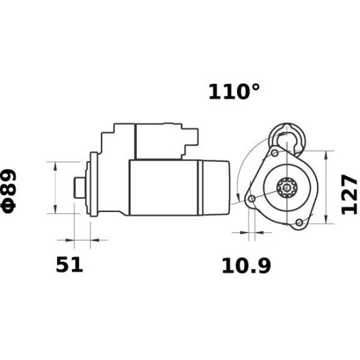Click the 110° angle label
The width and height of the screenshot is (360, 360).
[230, 92]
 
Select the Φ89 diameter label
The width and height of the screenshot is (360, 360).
[13, 190]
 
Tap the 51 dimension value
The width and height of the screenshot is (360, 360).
[69, 265]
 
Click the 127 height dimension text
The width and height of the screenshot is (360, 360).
[350, 194]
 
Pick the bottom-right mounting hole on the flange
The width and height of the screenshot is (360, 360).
[299, 223]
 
